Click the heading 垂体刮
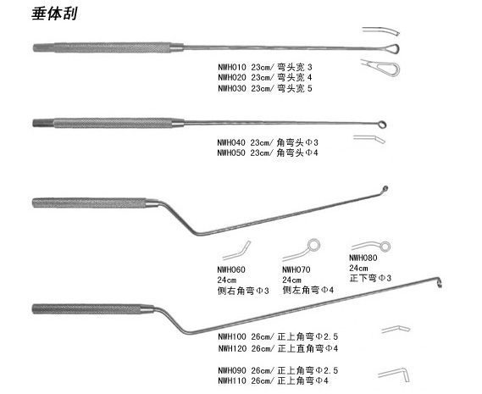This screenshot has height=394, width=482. (54, 14)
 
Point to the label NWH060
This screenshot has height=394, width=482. (231, 269)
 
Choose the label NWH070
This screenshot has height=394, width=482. (296, 269)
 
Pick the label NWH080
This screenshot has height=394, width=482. (363, 258)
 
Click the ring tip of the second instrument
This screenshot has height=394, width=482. (383, 125)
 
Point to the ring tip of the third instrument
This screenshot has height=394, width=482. (385, 189)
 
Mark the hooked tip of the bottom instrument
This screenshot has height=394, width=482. (440, 282)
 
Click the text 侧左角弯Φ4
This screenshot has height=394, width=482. (308, 290)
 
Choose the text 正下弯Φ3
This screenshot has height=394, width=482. (370, 278)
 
